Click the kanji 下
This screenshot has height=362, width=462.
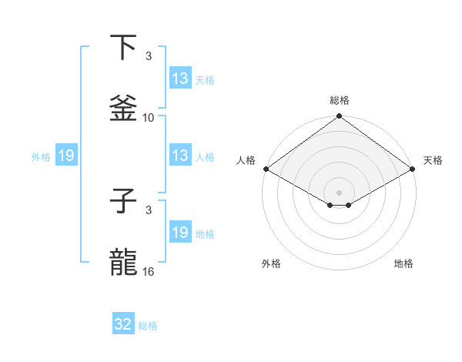124,48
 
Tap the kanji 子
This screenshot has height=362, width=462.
124,202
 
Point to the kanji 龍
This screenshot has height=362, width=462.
124,263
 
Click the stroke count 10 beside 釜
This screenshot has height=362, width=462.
149,118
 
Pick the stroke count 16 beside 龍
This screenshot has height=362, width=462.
149,272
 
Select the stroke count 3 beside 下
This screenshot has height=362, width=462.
149,56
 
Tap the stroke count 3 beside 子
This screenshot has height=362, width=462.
149,210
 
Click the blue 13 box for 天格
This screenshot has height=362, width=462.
180,78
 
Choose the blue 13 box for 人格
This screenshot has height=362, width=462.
180,156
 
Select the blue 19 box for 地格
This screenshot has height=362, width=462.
180,233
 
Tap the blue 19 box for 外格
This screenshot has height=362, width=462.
66,156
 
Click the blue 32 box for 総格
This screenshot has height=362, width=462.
123,324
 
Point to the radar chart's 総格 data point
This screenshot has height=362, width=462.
339,117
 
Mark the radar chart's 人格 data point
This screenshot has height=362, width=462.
266,169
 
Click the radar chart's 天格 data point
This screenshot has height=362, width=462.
412,169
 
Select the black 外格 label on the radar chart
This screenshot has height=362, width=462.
271,263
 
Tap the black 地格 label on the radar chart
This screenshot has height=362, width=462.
403,263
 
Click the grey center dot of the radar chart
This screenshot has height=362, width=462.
339,192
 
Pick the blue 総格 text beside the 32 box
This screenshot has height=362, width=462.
148,326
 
